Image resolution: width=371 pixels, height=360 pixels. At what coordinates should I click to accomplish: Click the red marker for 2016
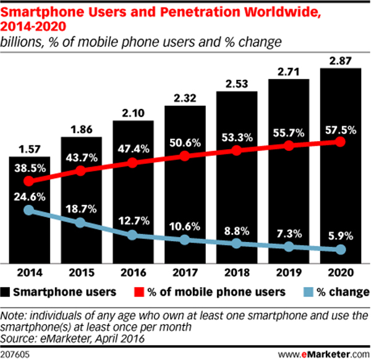click(132, 163)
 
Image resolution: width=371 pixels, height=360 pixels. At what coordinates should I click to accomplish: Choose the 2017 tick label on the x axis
click(184, 272)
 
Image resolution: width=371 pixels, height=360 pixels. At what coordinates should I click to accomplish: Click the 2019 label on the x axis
click(288, 272)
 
